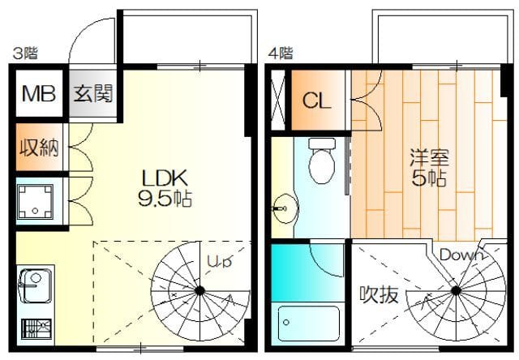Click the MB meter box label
tap(39, 93)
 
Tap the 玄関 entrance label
tap(93, 93)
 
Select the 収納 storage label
tap(39, 148)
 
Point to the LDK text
tap(165, 178)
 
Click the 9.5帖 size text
tap(165, 199)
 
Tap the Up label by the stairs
tap(219, 261)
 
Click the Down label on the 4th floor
tap(461, 255)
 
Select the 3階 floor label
tap(25, 53)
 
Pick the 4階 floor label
tap(281, 53)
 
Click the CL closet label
tap(317, 101)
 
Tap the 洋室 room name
tap(429, 158)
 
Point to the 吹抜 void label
tap(379, 294)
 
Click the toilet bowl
tap(321, 161)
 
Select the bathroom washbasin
tap(285, 208)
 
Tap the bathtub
tap(308, 324)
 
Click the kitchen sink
tap(36, 286)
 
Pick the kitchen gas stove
tap(36, 328)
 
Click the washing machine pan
tap(35, 202)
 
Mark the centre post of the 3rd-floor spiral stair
tap(199, 291)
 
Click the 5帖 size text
tap(429, 178)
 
